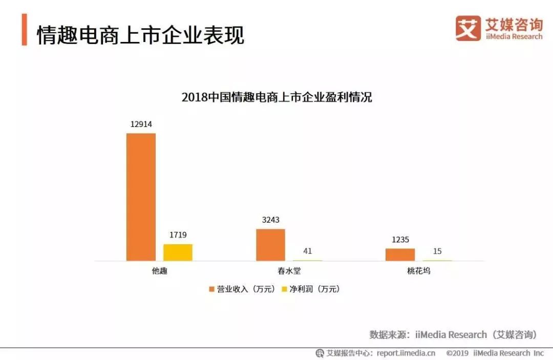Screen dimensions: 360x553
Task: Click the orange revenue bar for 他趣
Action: click(141, 197)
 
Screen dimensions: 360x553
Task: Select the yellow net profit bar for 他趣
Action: click(178, 252)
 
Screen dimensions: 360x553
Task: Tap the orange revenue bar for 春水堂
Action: click(270, 245)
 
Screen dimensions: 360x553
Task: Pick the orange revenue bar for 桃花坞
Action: click(400, 255)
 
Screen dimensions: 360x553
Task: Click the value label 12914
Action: click(141, 124)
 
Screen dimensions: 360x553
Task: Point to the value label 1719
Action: click(178, 235)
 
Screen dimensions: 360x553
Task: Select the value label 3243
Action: click(270, 220)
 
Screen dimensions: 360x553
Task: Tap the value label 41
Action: click(307, 251)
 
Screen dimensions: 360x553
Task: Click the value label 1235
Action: click(400, 240)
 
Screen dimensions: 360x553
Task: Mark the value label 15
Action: click(437, 251)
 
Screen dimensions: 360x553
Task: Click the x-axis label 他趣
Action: click(159, 271)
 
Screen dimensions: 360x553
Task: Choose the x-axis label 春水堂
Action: click(289, 271)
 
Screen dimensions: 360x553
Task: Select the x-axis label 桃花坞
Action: click(418, 271)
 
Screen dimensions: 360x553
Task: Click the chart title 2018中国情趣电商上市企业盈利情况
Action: click(276, 97)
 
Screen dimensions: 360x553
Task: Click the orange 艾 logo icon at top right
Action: click(468, 28)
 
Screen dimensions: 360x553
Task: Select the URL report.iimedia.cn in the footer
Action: click(406, 353)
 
